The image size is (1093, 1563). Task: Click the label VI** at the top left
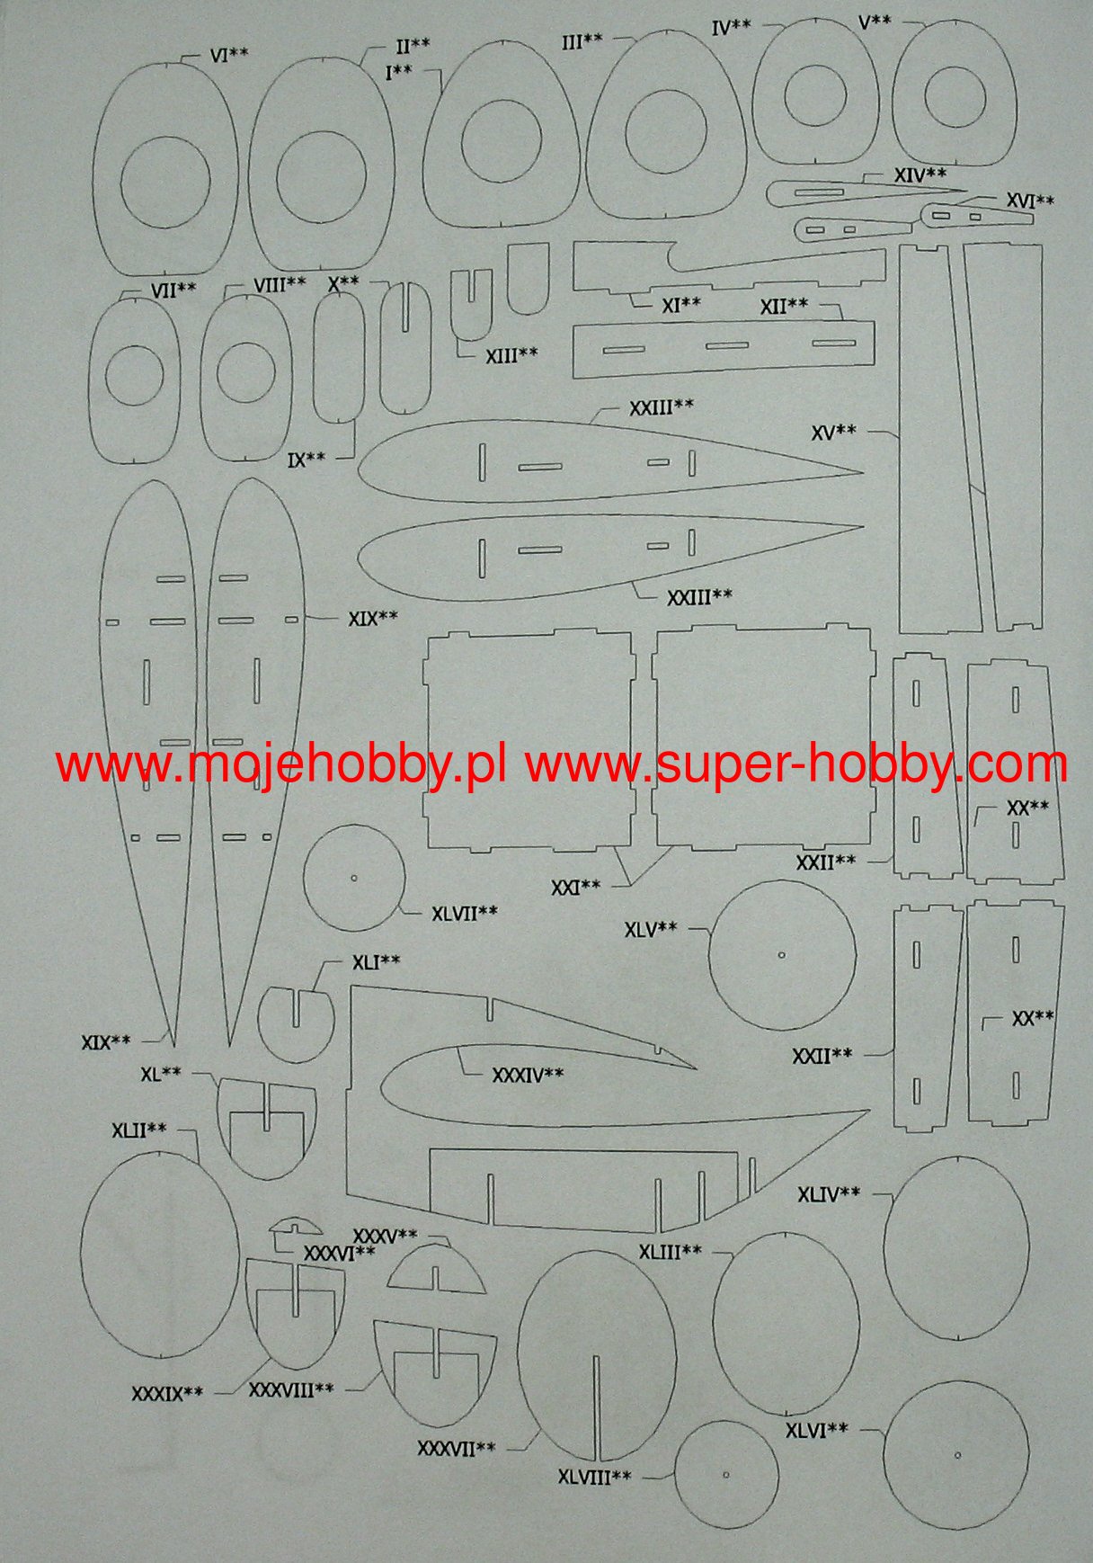click(x=229, y=55)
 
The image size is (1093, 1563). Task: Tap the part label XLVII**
click(x=464, y=913)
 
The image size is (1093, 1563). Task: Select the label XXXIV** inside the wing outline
click(x=528, y=1075)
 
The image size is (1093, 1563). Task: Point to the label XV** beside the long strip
click(x=833, y=432)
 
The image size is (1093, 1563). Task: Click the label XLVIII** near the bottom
click(x=594, y=1477)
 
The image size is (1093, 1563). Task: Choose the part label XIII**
click(x=511, y=355)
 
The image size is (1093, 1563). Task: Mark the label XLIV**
click(x=828, y=1194)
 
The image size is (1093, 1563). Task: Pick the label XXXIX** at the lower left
click(x=167, y=1394)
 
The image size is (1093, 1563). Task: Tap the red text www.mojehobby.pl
click(x=280, y=766)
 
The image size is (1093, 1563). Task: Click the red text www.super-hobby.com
click(x=796, y=766)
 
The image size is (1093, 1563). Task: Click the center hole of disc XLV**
click(x=781, y=954)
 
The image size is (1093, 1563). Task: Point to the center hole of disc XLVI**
click(x=957, y=1454)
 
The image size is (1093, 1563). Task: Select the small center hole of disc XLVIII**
click(x=725, y=1474)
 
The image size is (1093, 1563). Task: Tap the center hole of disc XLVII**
click(x=353, y=879)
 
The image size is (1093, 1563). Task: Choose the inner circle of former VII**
click(x=135, y=377)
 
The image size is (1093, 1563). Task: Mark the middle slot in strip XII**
click(x=726, y=345)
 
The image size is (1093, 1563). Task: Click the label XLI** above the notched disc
click(x=376, y=962)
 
